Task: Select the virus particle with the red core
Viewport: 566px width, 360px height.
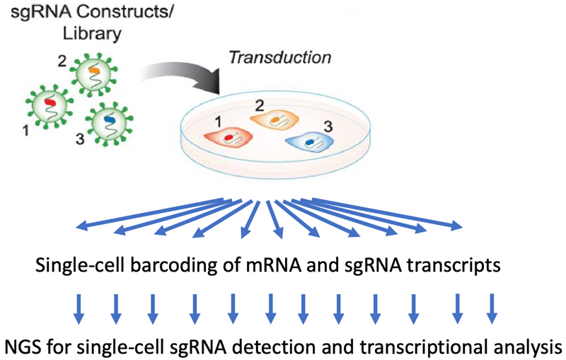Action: pos(50,107)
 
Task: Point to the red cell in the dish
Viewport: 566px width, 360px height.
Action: pos(230,137)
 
